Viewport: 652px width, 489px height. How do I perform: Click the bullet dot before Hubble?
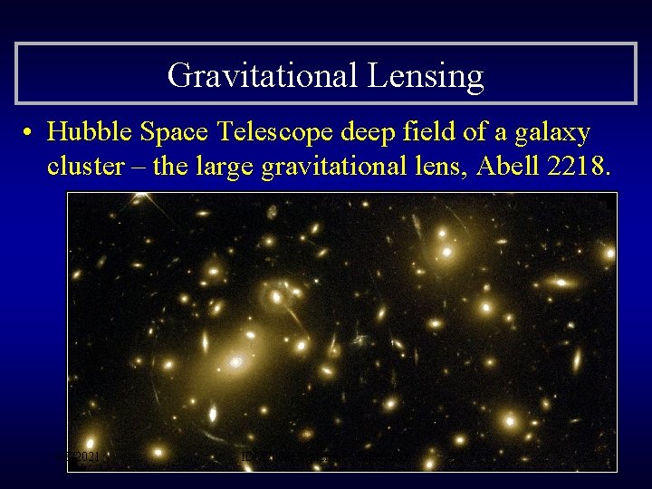[x=30, y=133]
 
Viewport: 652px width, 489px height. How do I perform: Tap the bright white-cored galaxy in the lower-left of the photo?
[x=235, y=362]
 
